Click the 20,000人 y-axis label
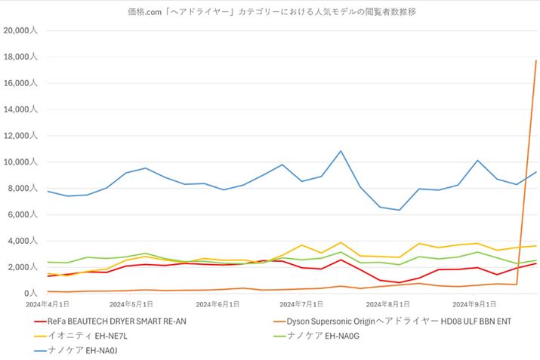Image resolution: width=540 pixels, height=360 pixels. point(24,31)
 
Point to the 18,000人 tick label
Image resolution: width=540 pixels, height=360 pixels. point(24,57)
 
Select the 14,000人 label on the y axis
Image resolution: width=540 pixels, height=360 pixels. point(24,109)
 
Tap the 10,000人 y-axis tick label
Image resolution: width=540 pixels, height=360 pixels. point(24,162)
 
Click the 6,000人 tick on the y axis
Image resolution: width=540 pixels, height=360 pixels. point(26,215)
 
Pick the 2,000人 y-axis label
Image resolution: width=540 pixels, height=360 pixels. point(26,267)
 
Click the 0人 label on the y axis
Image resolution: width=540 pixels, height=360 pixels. point(32,294)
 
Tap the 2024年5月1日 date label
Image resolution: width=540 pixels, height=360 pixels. point(131,304)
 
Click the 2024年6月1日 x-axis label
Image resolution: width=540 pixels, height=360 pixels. point(218,304)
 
